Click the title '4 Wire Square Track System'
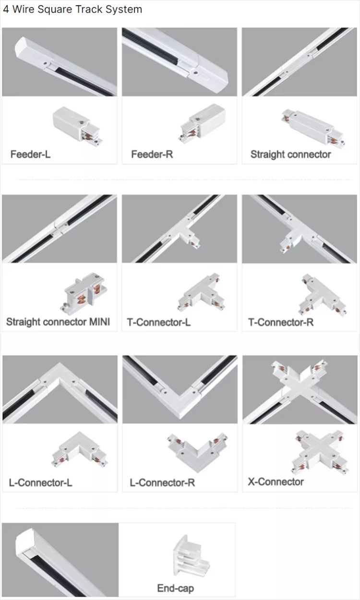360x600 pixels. (72, 10)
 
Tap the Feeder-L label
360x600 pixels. (30, 154)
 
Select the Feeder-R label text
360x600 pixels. (152, 154)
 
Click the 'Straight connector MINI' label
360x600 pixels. (58, 322)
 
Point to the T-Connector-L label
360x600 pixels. (159, 322)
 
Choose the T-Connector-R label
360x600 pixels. (281, 322)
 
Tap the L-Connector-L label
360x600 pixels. (40, 482)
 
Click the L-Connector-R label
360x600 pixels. (162, 482)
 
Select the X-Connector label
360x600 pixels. (276, 482)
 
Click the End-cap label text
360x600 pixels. (175, 588)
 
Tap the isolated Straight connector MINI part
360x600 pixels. (85, 293)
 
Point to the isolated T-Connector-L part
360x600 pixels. (202, 293)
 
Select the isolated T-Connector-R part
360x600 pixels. (322, 295)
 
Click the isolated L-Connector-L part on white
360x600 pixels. (79, 450)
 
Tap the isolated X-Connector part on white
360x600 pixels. (320, 452)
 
